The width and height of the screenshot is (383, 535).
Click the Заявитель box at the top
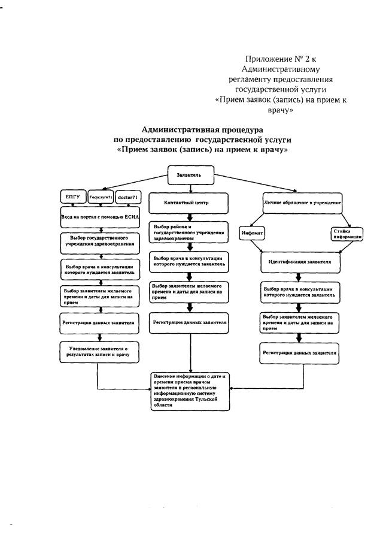click(x=190, y=174)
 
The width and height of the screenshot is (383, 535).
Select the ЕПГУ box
click(x=72, y=197)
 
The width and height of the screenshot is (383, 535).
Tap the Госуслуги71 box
click(x=100, y=197)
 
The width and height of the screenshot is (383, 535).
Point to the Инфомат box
click(x=251, y=232)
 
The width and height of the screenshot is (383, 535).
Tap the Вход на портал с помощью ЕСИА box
click(x=100, y=216)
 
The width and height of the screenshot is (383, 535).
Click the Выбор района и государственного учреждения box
click(x=190, y=232)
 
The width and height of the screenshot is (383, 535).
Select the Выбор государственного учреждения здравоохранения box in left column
click(x=100, y=241)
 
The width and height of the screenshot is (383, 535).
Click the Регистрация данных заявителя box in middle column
click(x=190, y=322)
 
